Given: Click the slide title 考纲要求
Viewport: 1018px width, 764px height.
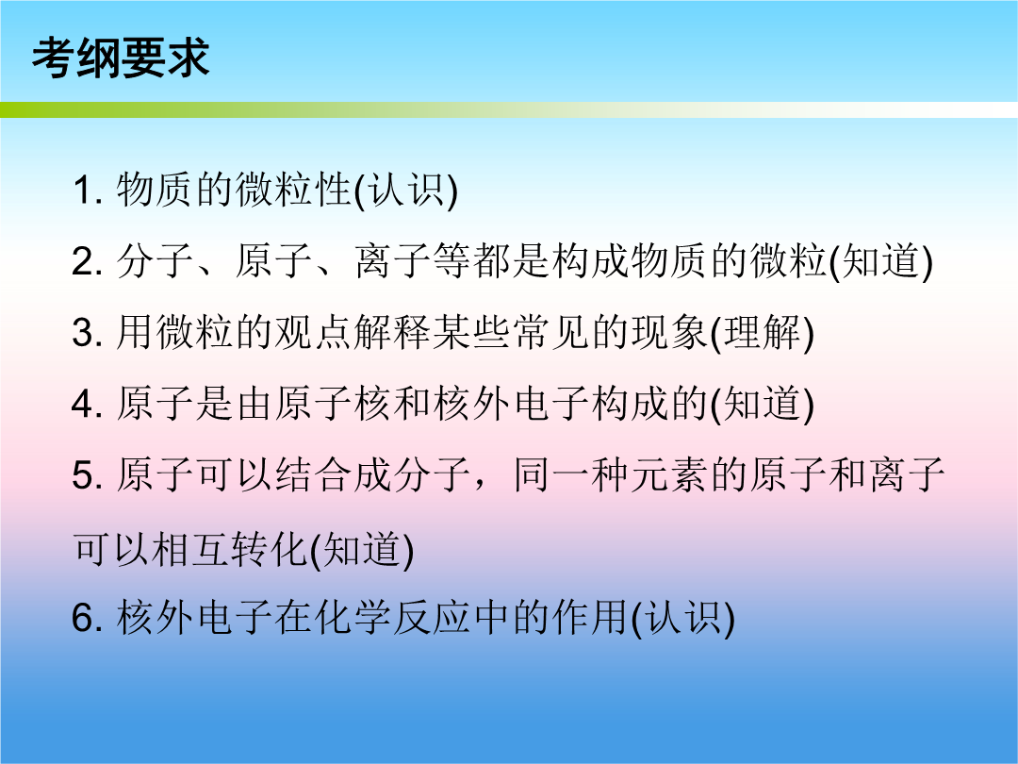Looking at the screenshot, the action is coord(121,58).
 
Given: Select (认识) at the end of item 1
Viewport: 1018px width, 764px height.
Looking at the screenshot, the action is coord(405,191).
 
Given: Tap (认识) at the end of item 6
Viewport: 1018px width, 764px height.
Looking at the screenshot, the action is coord(683,617).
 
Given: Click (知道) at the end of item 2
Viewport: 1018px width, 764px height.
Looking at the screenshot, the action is coord(881,262).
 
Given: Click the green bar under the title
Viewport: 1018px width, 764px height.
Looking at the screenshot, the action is coord(509,109).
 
